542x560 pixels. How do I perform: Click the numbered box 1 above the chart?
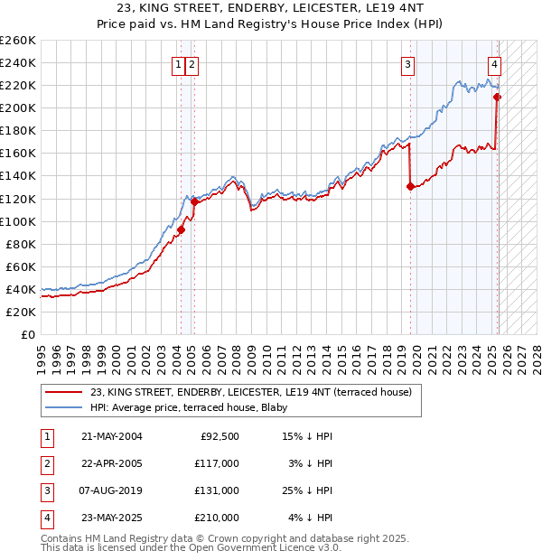click(179, 64)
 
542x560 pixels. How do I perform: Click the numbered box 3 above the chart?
click(408, 64)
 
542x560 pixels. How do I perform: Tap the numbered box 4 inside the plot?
click(495, 64)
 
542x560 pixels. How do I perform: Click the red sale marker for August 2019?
click(411, 187)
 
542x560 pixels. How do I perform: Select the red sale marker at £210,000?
click(498, 97)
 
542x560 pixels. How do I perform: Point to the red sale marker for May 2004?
click(181, 229)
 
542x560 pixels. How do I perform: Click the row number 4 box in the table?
click(46, 518)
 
